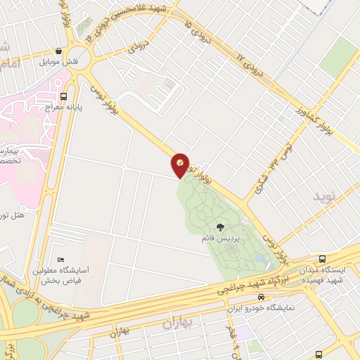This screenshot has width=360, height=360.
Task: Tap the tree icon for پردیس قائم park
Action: (x=221, y=227)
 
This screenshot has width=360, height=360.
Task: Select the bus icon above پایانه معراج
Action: (x=64, y=96)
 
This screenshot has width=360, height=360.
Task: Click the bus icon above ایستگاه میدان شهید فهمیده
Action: (x=323, y=259)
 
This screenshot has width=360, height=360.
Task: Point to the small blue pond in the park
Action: (x=262, y=260)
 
